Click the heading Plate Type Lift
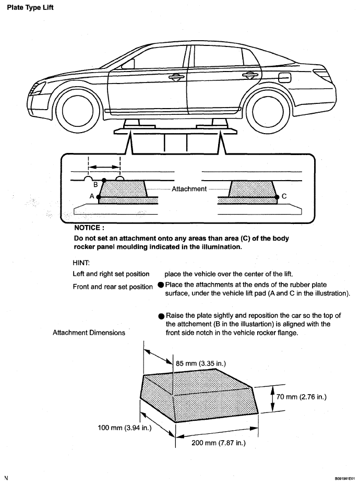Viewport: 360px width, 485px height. (x=30, y=8)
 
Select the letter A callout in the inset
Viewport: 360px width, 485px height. (x=92, y=196)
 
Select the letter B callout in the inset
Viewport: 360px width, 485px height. (x=95, y=184)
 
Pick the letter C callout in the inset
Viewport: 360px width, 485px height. (x=284, y=196)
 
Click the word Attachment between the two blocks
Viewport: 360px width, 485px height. (x=189, y=189)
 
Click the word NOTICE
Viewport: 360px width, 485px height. (x=89, y=228)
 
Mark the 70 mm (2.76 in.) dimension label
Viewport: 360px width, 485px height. (x=301, y=397)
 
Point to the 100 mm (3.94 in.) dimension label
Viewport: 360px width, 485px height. (x=125, y=428)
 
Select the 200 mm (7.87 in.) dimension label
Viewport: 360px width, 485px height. (x=218, y=443)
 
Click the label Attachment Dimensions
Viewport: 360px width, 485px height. (x=89, y=333)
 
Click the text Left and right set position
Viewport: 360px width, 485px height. (x=111, y=274)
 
